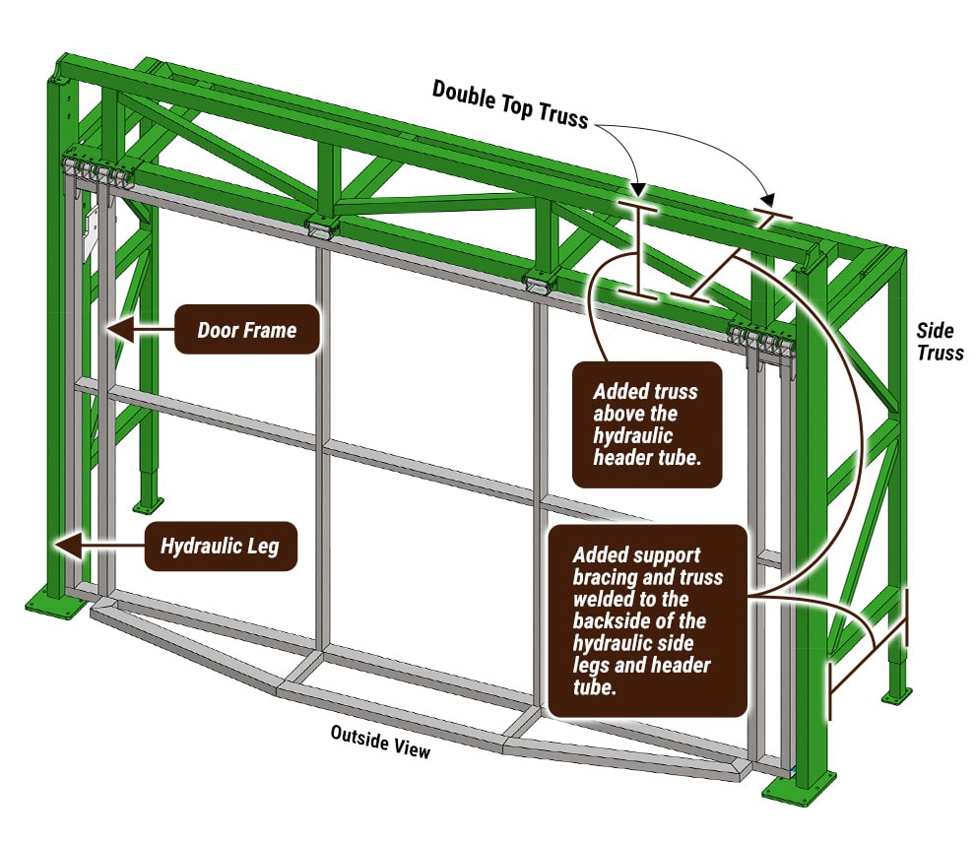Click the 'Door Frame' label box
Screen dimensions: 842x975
pyautogui.click(x=246, y=329)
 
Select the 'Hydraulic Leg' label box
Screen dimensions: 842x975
pyautogui.click(x=220, y=545)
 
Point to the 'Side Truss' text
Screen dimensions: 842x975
pyautogui.click(x=940, y=342)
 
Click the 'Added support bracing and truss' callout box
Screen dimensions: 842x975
pyautogui.click(x=646, y=620)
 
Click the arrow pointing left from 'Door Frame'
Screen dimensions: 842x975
pyautogui.click(x=138, y=329)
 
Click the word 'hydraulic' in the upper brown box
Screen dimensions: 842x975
pyautogui.click(x=631, y=435)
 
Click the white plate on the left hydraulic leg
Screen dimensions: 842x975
pyautogui.click(x=92, y=229)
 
